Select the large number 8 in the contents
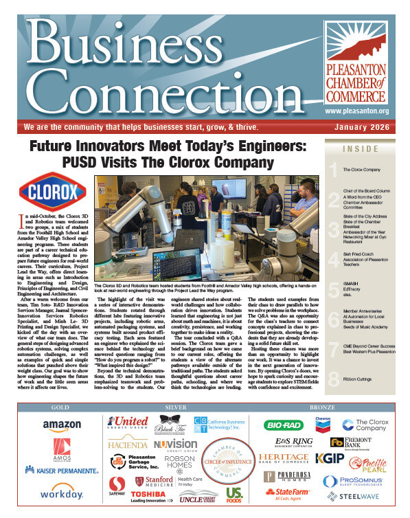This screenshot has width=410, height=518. click(334, 379)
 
